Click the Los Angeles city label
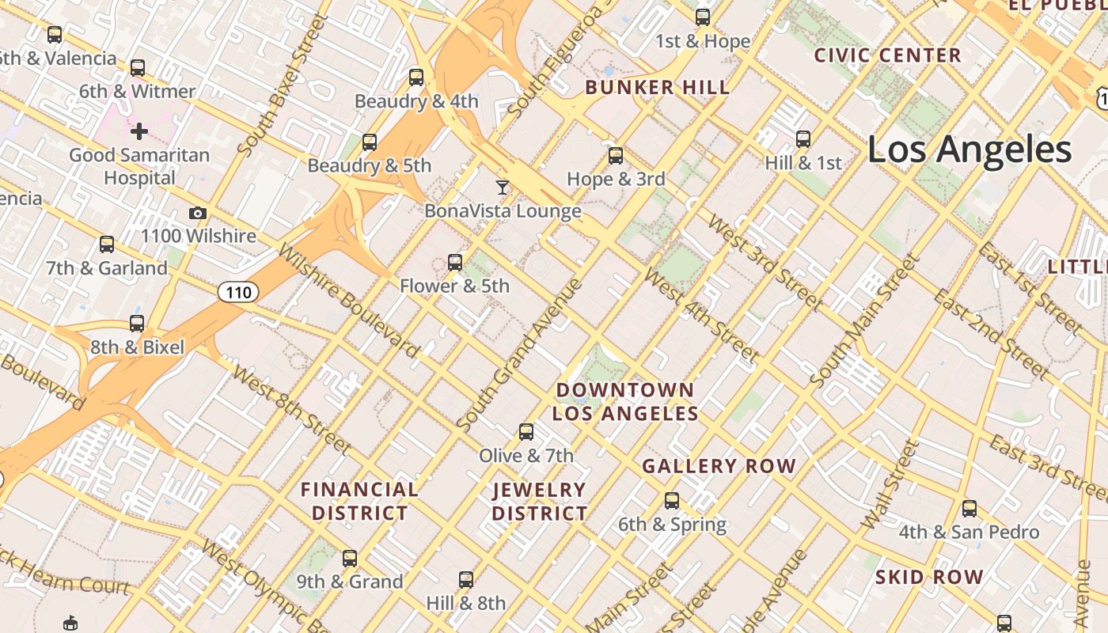point(970,150)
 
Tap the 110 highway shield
point(237,293)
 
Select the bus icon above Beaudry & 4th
point(416,78)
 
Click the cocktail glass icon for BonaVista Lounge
point(503,188)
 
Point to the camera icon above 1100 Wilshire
point(198,214)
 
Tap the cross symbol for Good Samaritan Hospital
point(139,131)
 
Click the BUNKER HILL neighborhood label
point(657,88)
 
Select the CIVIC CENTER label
point(887,55)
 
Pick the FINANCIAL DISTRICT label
point(359,501)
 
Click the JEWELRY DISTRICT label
point(540,501)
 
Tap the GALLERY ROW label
point(719,466)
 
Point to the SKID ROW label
point(929,577)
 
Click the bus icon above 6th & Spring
point(672,501)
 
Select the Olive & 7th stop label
point(526,456)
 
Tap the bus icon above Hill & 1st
point(803,139)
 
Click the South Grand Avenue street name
point(519,356)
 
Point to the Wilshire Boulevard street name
point(349,301)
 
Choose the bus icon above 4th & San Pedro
point(970,509)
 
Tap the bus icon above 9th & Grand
point(350,559)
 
